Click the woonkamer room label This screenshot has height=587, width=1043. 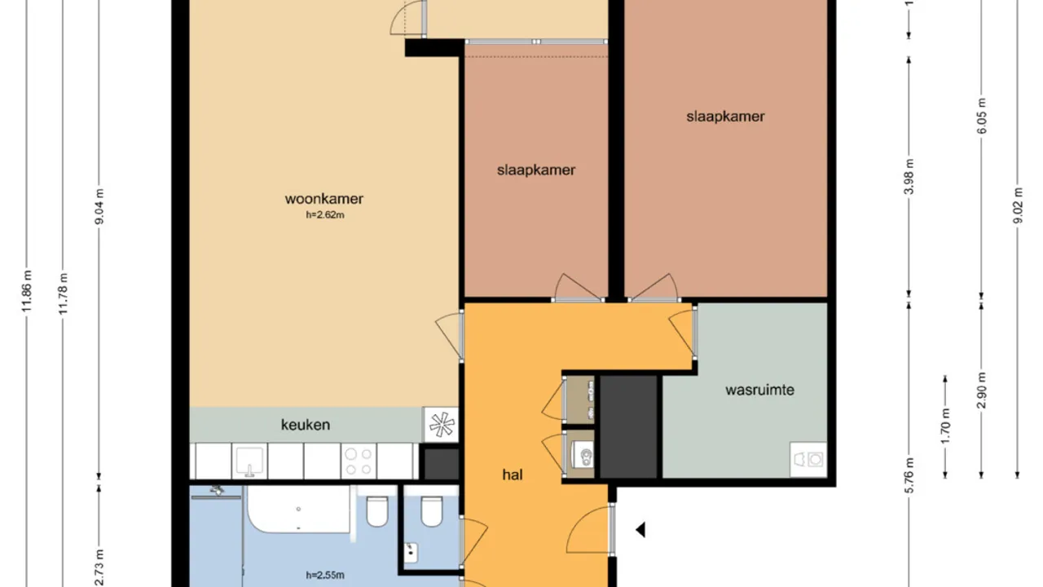click(323, 199)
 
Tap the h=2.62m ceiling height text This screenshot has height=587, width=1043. click(323, 215)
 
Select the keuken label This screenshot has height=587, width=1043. click(306, 425)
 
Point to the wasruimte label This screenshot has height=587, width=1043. click(759, 390)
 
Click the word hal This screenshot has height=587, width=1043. click(512, 474)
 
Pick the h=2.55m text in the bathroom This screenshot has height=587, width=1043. click(325, 576)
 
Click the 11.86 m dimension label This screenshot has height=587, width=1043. click(28, 291)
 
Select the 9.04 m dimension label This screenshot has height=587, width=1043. click(99, 210)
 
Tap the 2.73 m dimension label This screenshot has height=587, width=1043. click(99, 565)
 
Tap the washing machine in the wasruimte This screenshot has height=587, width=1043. click(808, 459)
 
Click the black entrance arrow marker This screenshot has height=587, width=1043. click(640, 531)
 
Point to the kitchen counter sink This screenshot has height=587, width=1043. click(249, 461)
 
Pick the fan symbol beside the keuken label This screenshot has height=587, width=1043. click(441, 424)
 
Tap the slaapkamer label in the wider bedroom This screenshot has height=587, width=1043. click(725, 117)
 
